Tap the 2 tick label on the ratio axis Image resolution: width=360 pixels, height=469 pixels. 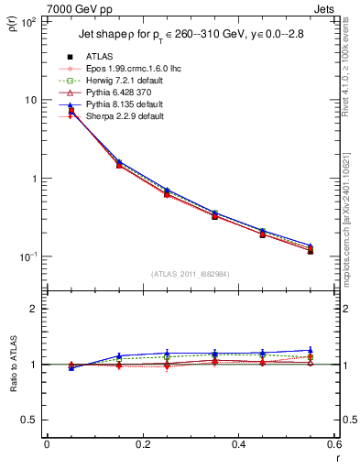tap(34, 309)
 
